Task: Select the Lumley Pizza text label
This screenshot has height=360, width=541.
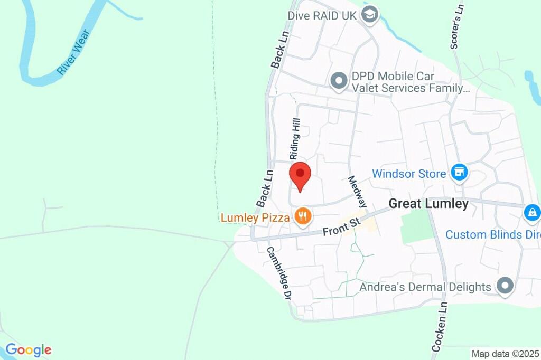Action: tap(255, 217)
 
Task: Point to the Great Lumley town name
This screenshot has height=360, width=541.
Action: tap(428, 204)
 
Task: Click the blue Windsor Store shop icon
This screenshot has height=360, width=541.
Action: tap(459, 172)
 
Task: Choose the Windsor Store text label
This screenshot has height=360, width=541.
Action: tap(409, 173)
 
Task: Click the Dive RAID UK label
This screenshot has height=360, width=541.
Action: tap(322, 15)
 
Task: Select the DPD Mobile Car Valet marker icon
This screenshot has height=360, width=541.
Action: tap(338, 81)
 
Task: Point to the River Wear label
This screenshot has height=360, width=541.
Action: tap(74, 52)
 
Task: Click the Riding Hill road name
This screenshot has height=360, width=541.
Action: tap(295, 138)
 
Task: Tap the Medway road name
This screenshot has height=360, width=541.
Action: tap(357, 191)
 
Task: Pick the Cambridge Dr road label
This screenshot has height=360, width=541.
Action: tap(279, 273)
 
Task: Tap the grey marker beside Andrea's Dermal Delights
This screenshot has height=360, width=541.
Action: tap(506, 286)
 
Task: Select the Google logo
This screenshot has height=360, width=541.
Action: tap(29, 349)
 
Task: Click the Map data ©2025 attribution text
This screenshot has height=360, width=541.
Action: tap(505, 354)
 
